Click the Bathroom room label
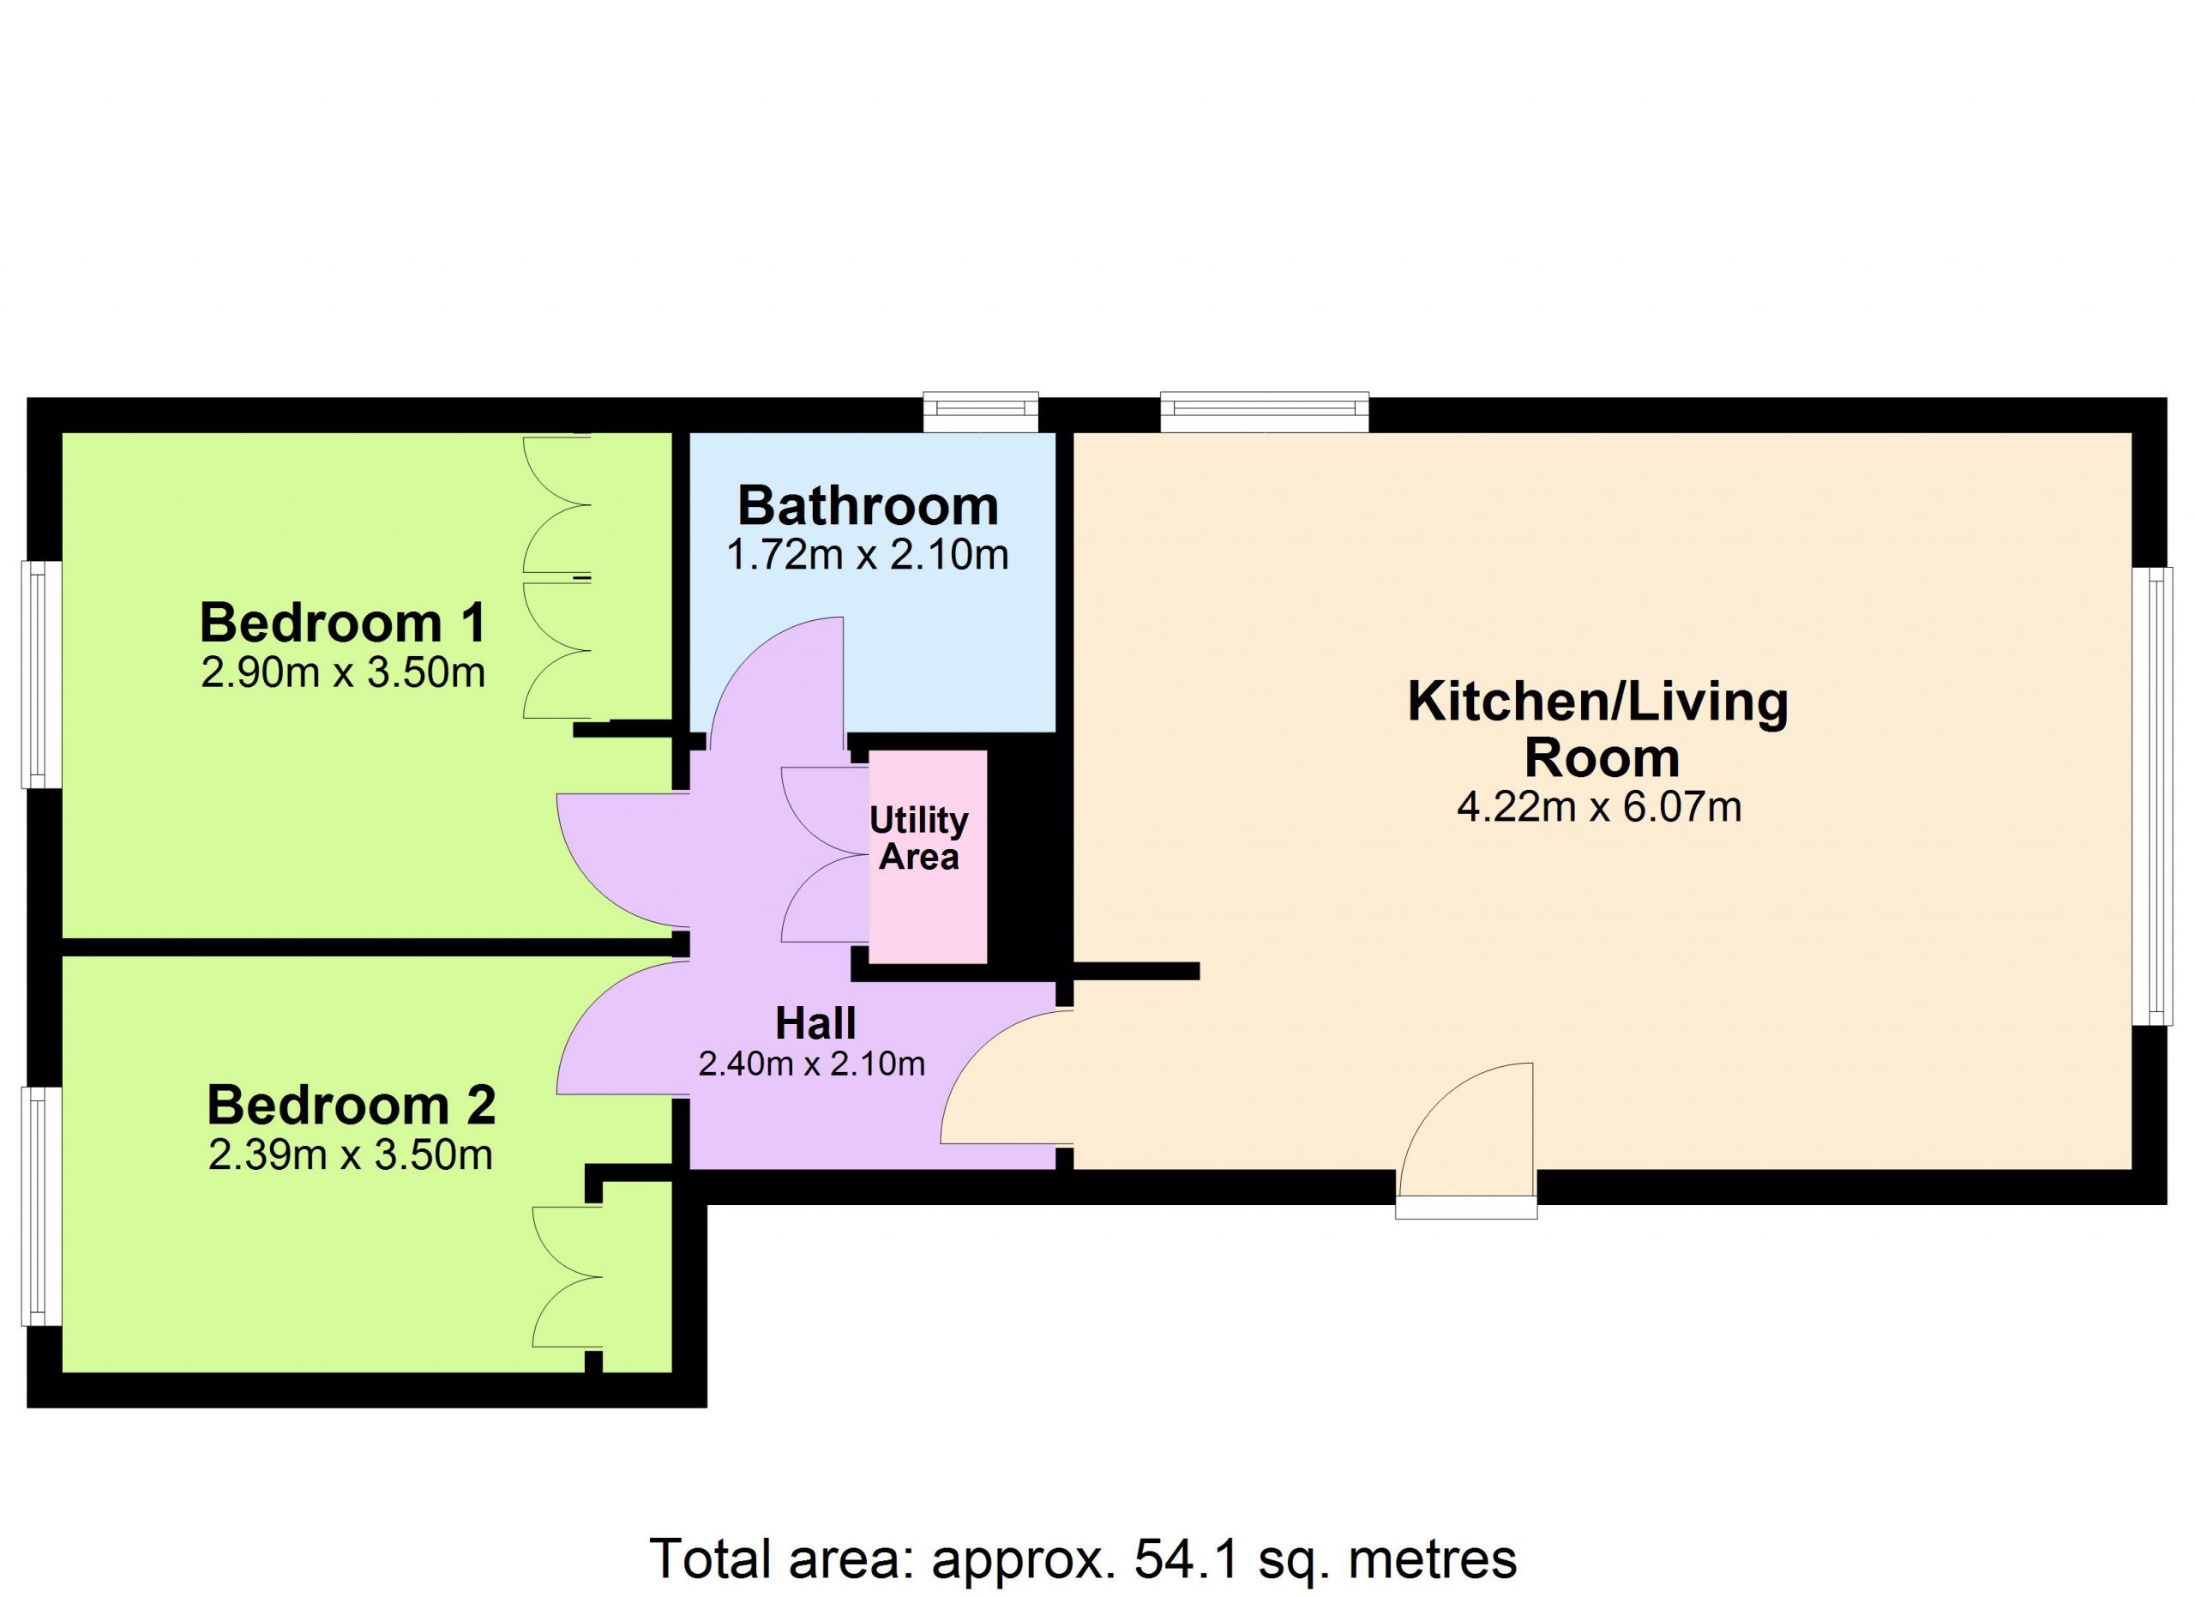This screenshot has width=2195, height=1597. coord(868,505)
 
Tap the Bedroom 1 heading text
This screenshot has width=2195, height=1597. coord(343,623)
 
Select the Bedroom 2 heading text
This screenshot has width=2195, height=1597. coord(352,1106)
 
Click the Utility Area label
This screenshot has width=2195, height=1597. coord(918,838)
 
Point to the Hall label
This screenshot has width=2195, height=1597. coord(816,1023)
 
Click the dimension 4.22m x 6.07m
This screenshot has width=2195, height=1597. coord(1599,807)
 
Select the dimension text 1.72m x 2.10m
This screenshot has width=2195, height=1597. coord(867,556)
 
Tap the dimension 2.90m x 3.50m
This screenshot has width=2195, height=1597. coord(343,672)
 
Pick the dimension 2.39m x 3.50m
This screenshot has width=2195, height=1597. coord(351,1155)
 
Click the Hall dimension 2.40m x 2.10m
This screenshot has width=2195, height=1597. coord(811,1064)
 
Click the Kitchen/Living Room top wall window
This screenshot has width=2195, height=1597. coord(1264,412)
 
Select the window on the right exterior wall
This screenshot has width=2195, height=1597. coord(2151,797)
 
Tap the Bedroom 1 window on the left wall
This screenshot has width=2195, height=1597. coord(43,675)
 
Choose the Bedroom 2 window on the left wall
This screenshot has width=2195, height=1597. coord(43,1206)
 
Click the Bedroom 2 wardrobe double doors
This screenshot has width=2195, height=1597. coord(567,1275)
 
